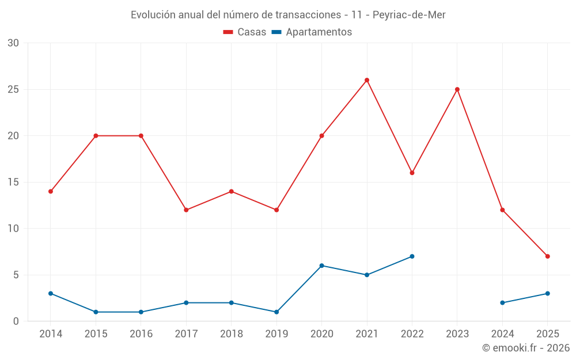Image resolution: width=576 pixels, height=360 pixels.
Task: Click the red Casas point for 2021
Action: (x=367, y=80)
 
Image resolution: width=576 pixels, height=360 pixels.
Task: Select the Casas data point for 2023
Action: (x=457, y=89)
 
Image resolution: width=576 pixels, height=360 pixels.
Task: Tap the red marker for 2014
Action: (x=51, y=191)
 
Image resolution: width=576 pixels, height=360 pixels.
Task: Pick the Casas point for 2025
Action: (x=548, y=256)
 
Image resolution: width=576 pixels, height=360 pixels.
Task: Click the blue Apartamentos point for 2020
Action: (x=322, y=266)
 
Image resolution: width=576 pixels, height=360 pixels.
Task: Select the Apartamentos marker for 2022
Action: (x=412, y=256)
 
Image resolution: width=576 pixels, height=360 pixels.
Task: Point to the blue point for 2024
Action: (x=502, y=302)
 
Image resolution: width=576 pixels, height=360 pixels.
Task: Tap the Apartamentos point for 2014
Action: (x=51, y=293)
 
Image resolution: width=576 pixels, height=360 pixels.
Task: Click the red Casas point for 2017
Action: (x=186, y=210)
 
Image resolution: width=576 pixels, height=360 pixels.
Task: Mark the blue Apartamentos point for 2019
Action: (x=276, y=312)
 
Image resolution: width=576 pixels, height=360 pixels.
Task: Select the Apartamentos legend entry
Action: (x=319, y=32)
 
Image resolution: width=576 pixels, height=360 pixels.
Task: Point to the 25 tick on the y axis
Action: (x=13, y=89)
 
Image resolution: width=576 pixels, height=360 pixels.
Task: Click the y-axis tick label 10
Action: (x=13, y=228)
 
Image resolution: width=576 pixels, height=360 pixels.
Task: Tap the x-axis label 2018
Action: (x=231, y=334)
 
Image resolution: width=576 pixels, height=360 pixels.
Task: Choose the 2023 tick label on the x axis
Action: (x=457, y=334)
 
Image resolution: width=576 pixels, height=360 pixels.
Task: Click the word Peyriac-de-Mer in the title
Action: (x=409, y=14)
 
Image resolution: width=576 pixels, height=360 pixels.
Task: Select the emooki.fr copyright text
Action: (x=526, y=347)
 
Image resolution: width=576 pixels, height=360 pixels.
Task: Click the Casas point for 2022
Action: (x=412, y=173)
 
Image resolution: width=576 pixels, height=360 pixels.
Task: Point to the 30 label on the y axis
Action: (x=13, y=43)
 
